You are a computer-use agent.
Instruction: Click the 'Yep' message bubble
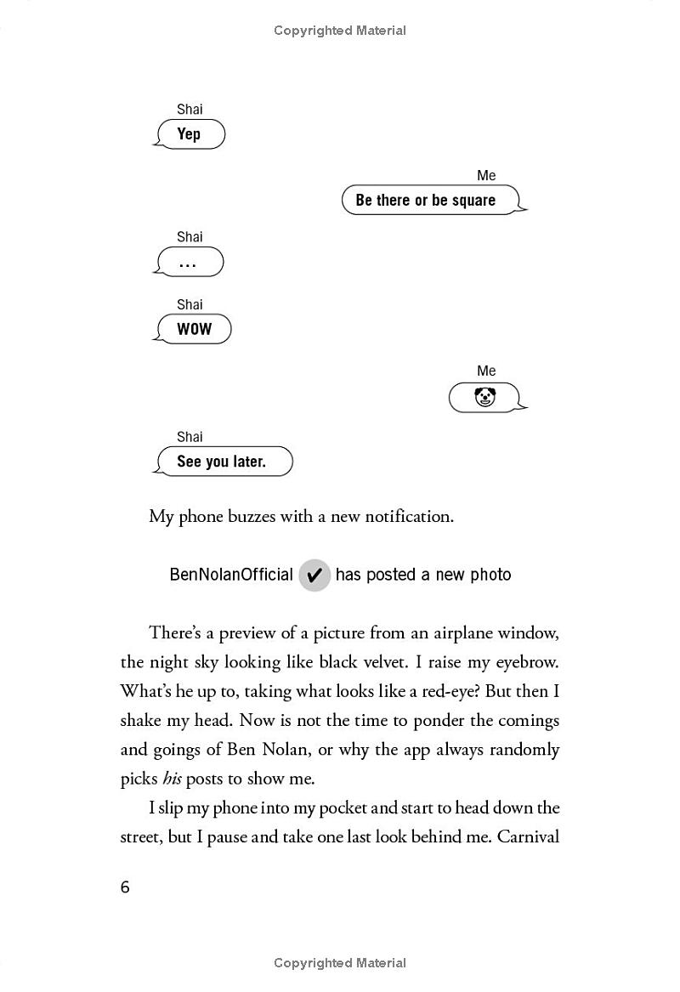190,134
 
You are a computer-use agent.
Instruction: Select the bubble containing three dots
189,263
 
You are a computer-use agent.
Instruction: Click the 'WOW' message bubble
194,330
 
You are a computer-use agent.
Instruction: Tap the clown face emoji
484,397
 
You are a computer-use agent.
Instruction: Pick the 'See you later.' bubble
223,462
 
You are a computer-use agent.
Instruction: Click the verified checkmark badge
314,575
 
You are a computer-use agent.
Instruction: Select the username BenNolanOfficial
231,575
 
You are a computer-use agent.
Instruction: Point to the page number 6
125,887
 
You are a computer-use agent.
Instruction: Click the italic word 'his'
172,779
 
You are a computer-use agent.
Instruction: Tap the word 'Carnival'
528,836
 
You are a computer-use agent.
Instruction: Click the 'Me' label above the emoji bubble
486,371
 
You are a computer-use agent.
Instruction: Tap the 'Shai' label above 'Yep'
190,110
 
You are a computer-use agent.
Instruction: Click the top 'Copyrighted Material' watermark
340,31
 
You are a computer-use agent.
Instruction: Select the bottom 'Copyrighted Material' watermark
340,963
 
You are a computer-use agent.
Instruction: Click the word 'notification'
409,517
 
